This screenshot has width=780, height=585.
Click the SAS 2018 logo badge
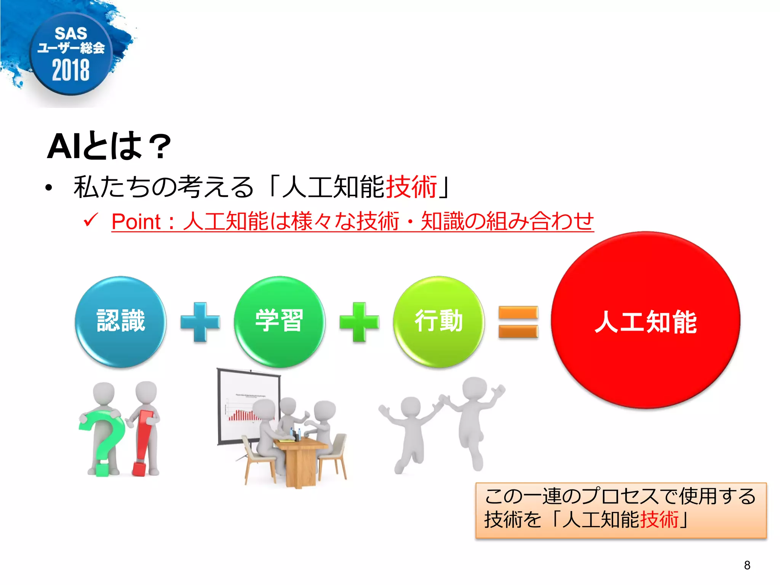click(71, 53)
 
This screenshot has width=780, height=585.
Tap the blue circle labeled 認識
click(121, 321)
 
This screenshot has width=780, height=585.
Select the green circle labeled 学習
click(280, 321)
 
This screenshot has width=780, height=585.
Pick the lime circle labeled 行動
click(439, 321)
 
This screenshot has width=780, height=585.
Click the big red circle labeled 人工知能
click(646, 320)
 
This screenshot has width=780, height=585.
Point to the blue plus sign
click(200, 322)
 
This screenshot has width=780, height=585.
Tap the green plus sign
click(359, 322)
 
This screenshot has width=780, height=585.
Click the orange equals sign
click(518, 322)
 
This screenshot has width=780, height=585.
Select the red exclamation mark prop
click(143, 442)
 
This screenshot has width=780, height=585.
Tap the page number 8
click(747, 565)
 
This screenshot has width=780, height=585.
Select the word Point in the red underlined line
click(136, 222)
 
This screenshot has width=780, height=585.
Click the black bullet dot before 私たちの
click(48, 188)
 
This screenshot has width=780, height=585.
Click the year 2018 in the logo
click(71, 70)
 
